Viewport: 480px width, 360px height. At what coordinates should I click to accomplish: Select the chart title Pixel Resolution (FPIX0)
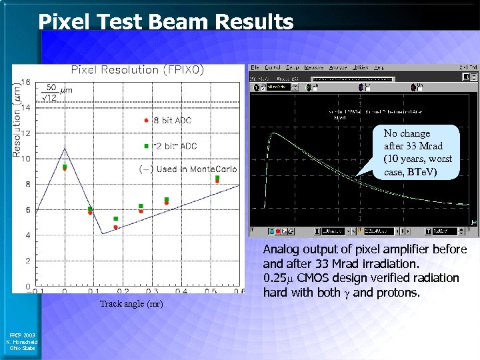[137, 69]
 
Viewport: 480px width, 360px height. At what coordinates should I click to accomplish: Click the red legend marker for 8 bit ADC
[146, 121]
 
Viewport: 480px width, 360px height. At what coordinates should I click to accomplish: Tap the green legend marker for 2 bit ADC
[146, 145]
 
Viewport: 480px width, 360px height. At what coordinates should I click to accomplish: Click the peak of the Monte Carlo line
[65, 148]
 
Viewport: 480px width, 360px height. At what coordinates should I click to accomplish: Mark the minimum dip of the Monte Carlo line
[102, 233]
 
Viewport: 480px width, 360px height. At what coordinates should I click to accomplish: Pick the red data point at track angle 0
[65, 168]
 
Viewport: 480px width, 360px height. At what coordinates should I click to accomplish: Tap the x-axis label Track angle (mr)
[131, 304]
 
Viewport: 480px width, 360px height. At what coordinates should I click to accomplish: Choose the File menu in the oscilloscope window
[255, 67]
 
